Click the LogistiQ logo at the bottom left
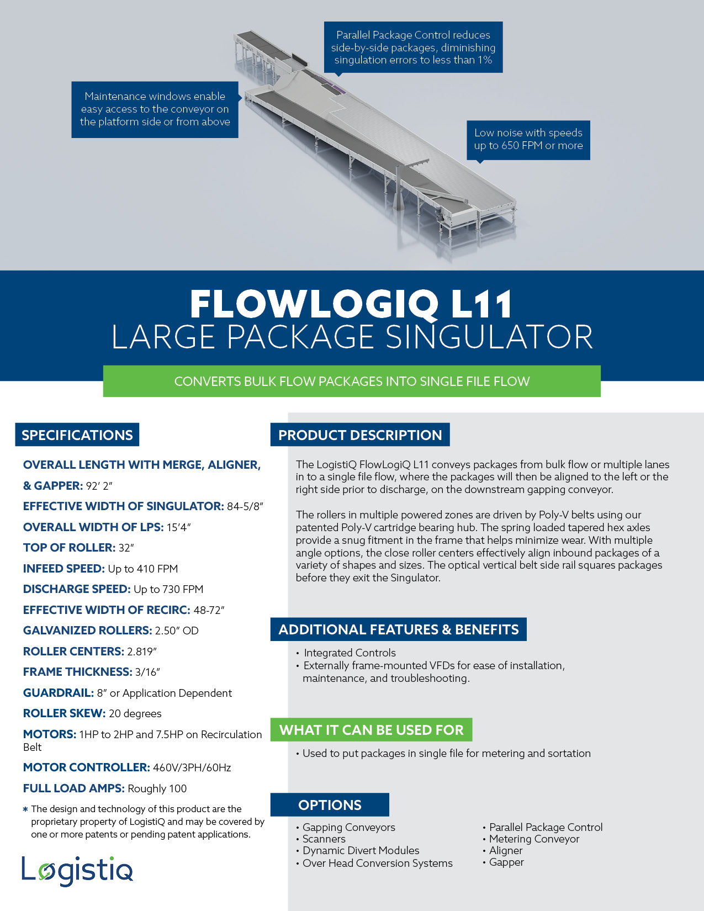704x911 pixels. pyautogui.click(x=77, y=871)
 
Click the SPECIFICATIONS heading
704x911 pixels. pyautogui.click(x=77, y=435)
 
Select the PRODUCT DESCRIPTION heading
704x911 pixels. pyautogui.click(x=360, y=435)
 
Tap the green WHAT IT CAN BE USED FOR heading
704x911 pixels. pyautogui.click(x=371, y=730)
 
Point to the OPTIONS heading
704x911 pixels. pyautogui.click(x=330, y=805)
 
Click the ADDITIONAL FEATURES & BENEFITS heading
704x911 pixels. pyautogui.click(x=398, y=629)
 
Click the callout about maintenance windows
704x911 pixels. pyautogui.click(x=155, y=109)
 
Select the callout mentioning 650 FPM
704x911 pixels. pyautogui.click(x=528, y=140)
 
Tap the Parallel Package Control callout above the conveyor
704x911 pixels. pyautogui.click(x=413, y=47)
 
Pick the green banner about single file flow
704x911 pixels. pyautogui.click(x=352, y=382)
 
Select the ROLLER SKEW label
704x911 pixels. pyautogui.click(x=64, y=713)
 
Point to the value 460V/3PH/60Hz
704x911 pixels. pyautogui.click(x=192, y=767)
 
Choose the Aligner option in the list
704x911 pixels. pyautogui.click(x=506, y=851)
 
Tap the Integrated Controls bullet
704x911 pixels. pyautogui.click(x=350, y=653)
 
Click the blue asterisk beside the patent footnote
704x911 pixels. pyautogui.click(x=25, y=809)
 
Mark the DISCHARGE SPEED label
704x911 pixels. pyautogui.click(x=77, y=589)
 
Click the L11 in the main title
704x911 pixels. pyautogui.click(x=481, y=304)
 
